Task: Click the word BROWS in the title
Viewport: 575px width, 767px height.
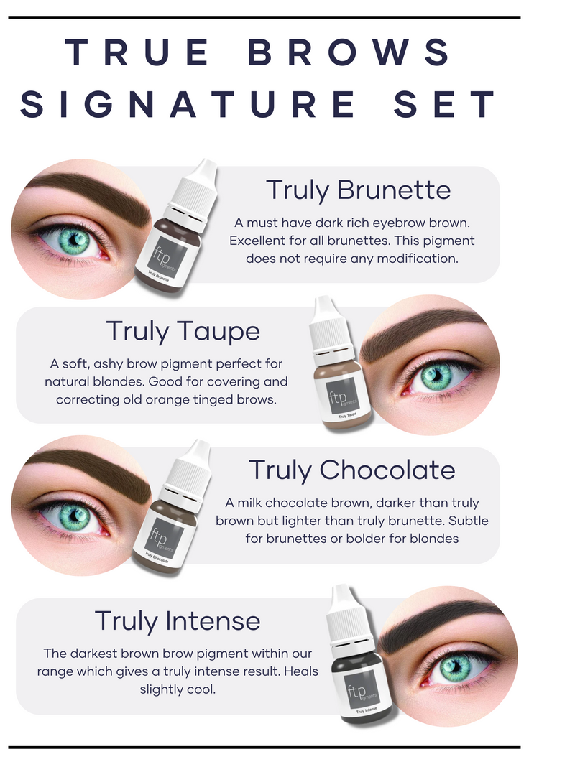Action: (349, 52)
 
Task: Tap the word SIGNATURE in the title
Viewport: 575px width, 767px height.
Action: (188, 103)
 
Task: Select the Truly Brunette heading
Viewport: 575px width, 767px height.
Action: (358, 190)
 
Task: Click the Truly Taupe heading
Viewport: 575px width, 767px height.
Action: (183, 331)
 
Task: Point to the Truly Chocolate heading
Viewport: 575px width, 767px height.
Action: (352, 470)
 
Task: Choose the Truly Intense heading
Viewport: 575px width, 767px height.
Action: (177, 620)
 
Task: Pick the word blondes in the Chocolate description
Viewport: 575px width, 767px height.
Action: (435, 538)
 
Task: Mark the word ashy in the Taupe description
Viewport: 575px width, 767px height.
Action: (108, 364)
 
